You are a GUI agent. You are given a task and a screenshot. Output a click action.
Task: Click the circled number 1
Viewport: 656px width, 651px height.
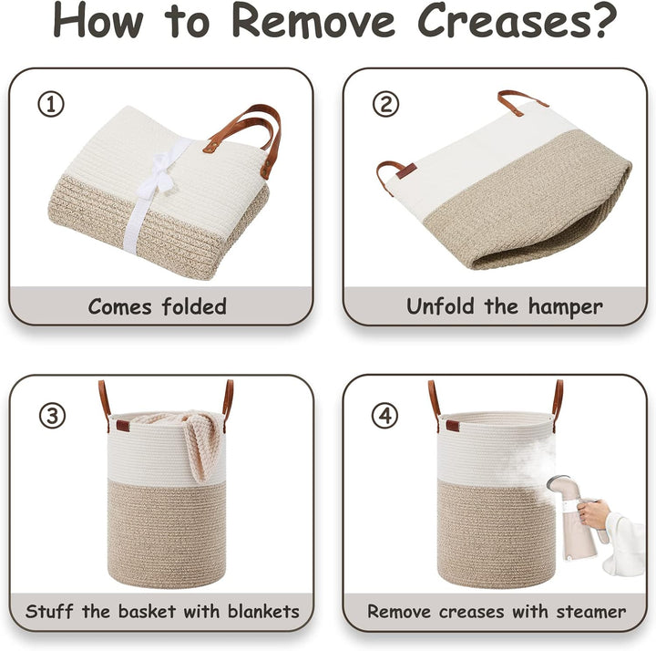[51, 105]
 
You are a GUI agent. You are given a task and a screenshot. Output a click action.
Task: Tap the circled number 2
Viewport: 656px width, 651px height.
[385, 104]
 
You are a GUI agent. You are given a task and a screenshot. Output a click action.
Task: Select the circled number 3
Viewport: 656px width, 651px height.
[52, 416]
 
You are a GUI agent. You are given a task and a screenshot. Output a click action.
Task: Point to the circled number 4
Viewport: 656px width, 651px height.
[384, 416]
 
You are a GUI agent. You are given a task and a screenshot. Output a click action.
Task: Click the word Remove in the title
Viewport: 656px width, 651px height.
[313, 22]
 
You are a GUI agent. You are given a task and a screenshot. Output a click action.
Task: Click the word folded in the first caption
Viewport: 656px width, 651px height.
[195, 306]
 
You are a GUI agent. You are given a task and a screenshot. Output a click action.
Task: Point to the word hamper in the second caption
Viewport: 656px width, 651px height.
[565, 307]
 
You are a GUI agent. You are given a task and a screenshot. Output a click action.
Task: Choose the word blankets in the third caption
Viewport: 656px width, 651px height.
[263, 611]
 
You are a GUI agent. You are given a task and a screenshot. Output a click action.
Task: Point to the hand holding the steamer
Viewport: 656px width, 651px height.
[593, 514]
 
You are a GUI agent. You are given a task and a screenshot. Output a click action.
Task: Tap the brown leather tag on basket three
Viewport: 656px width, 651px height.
[123, 426]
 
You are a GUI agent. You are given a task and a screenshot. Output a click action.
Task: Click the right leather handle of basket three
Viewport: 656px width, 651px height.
[227, 405]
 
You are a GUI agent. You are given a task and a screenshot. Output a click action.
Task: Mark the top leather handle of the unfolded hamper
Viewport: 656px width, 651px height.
[520, 102]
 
